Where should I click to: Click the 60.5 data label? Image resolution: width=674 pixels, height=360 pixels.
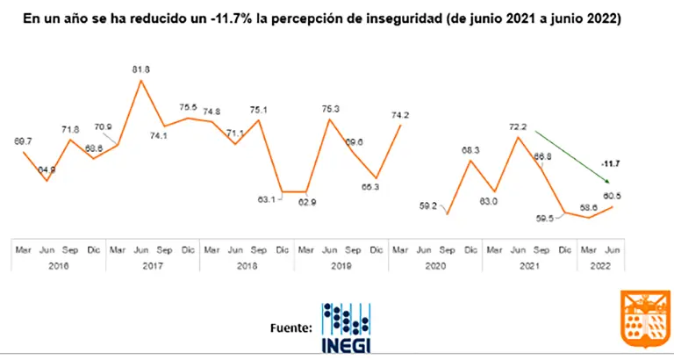(608, 196)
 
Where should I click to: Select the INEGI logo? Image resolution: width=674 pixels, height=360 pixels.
(346, 328)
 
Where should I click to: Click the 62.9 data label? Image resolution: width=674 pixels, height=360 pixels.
(306, 201)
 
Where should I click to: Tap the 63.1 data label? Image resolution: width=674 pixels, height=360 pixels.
(265, 199)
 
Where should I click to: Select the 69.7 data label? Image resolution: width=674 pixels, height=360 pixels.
(24, 141)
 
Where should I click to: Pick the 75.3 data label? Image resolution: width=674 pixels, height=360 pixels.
(330, 109)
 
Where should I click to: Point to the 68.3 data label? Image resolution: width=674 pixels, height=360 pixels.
(470, 150)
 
